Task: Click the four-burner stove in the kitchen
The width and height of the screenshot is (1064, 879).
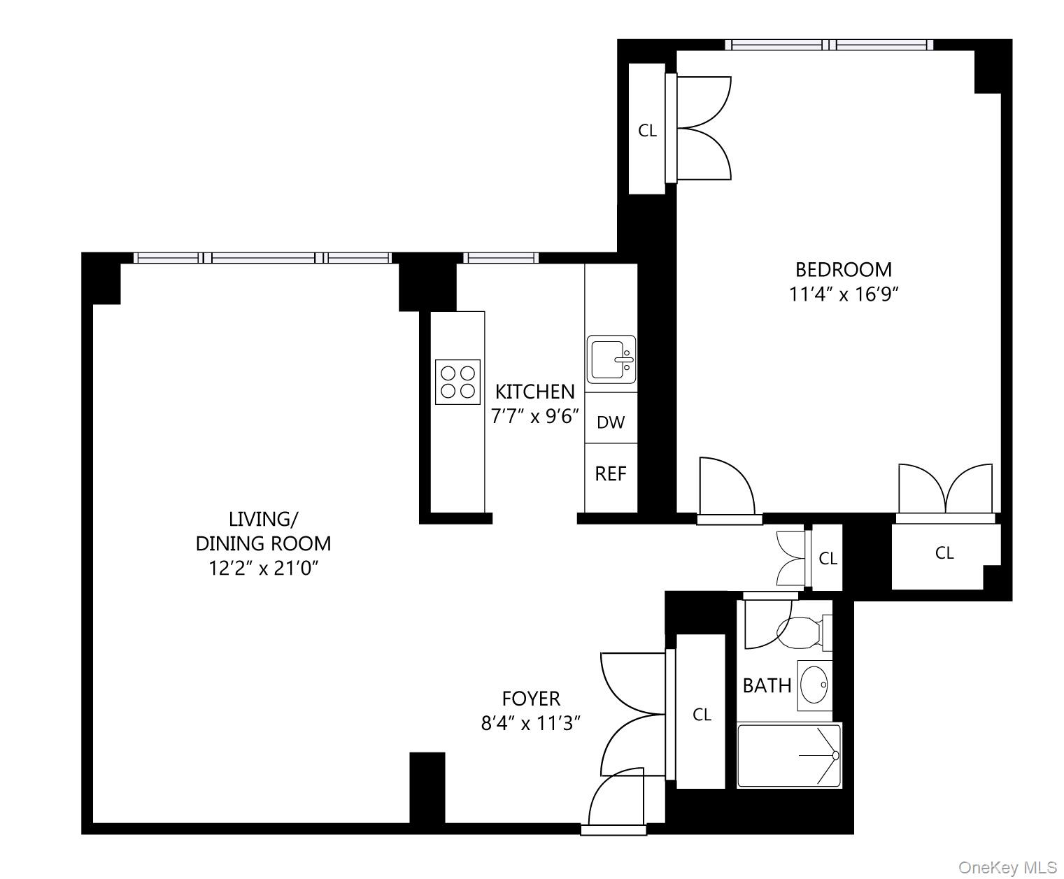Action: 457,382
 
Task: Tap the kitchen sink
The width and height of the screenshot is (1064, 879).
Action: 611,359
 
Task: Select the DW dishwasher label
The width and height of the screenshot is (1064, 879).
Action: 610,422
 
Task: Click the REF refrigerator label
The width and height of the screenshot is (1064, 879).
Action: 610,473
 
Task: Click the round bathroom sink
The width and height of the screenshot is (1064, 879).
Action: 814,684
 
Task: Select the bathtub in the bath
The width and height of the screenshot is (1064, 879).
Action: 788,756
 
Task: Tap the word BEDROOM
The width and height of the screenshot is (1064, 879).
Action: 843,269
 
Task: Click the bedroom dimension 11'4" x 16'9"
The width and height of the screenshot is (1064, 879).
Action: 843,294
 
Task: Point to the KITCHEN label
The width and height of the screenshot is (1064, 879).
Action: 534,391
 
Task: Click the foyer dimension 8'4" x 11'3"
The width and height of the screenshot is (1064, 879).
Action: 531,723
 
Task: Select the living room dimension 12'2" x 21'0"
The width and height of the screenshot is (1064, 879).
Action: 263,568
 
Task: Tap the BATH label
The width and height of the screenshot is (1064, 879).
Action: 767,685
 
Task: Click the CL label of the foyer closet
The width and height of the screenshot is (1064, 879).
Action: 702,714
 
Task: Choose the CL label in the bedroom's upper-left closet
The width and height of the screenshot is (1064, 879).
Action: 647,130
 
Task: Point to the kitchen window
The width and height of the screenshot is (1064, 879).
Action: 501,258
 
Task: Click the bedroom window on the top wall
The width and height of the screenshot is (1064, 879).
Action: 828,45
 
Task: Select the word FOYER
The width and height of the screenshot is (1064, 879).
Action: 531,698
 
